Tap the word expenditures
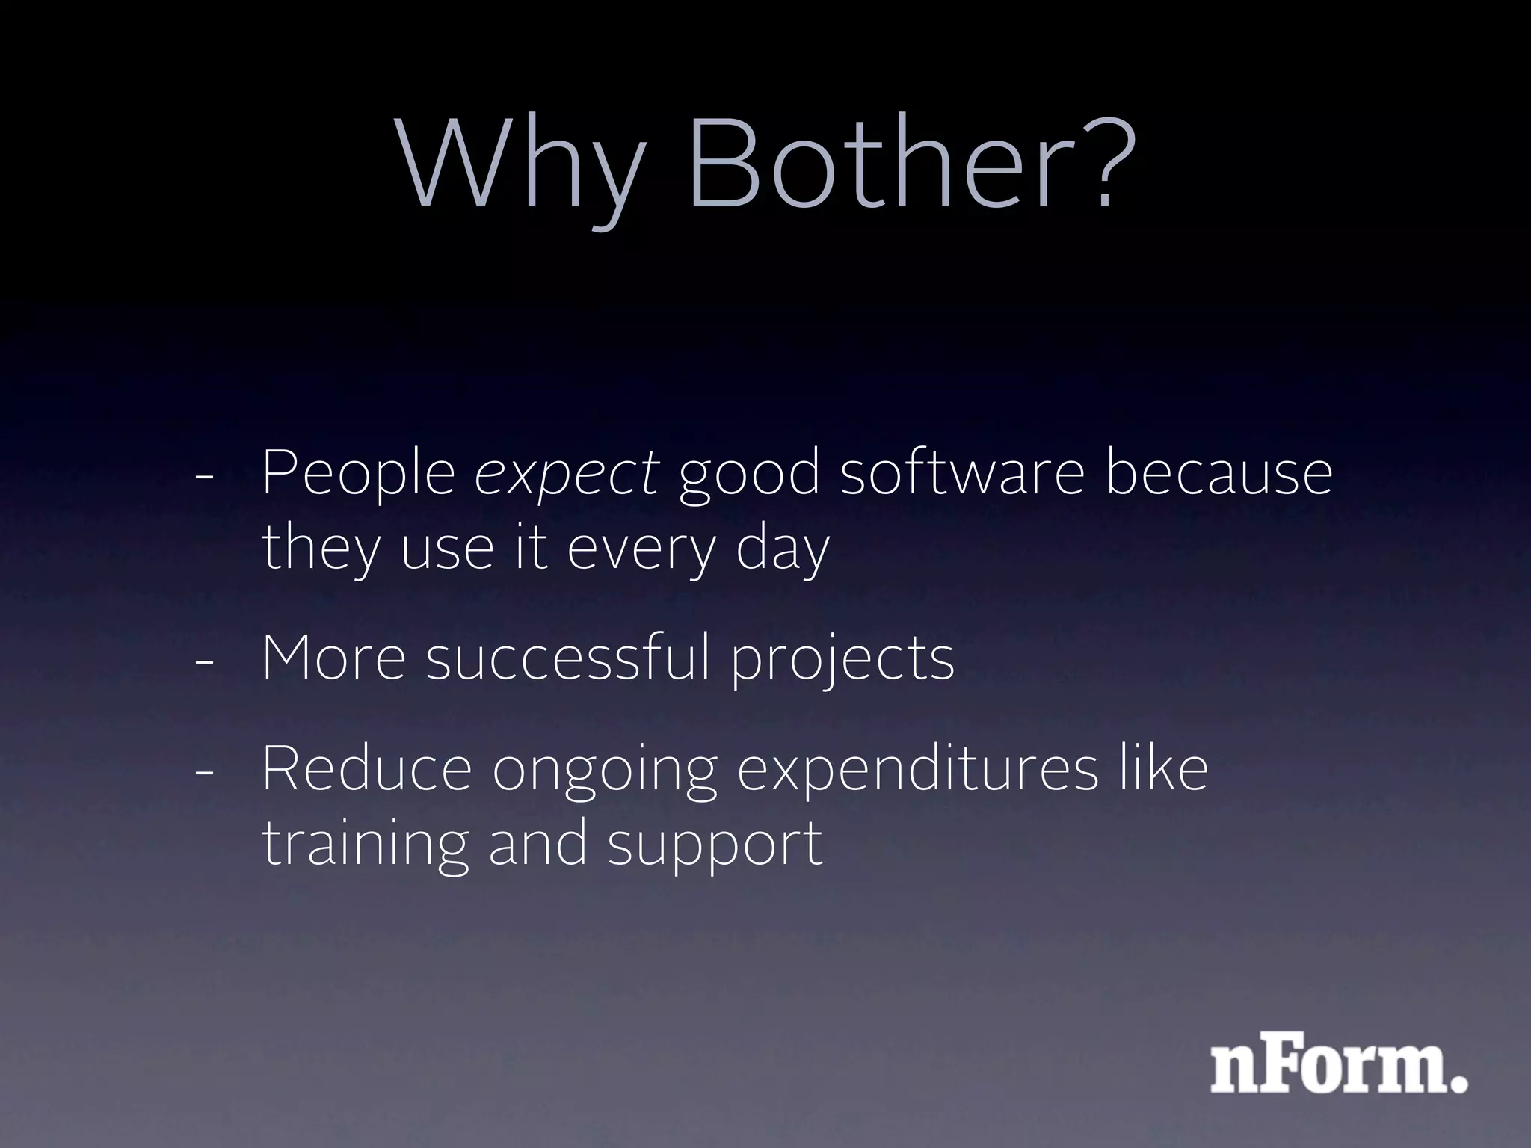click(918, 770)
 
